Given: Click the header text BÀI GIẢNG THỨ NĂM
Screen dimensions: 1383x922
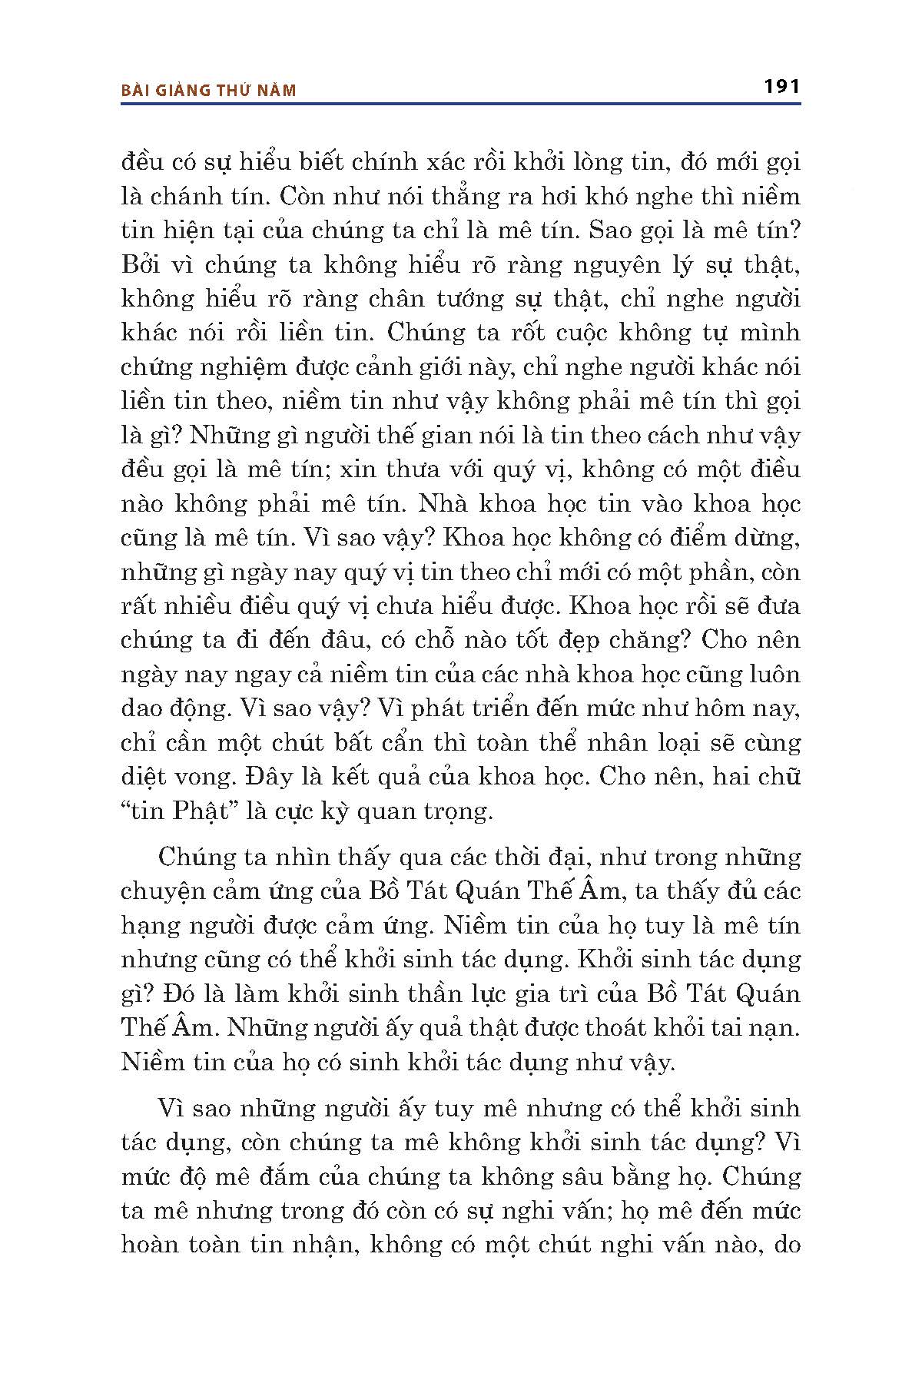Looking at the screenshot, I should [208, 91].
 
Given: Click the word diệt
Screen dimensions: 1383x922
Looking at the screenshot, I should [144, 777].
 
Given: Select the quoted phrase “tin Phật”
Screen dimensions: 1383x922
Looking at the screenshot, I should [176, 811].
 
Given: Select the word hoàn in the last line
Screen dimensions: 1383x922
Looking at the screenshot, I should [153, 1244].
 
